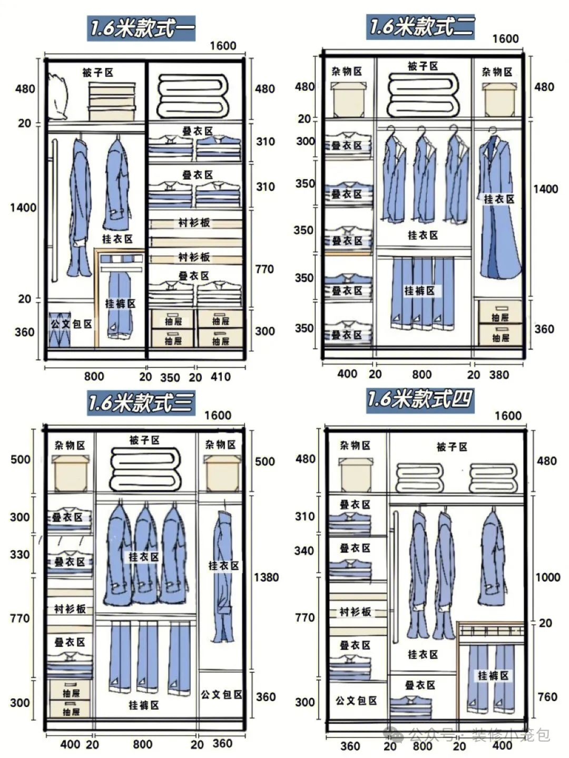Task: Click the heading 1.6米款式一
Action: point(142,28)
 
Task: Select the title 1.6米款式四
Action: point(420,400)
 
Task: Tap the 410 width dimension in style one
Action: point(221,377)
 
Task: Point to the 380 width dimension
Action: point(499,375)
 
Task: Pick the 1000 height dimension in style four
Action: point(547,577)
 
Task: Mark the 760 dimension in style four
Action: point(547,697)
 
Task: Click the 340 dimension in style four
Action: point(304,551)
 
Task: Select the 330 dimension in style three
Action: point(20,555)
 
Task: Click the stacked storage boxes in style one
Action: point(112,101)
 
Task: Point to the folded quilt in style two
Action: point(423,95)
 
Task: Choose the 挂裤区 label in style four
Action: point(493,676)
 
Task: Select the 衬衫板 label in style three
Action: point(70,609)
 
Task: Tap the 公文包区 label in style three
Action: point(221,695)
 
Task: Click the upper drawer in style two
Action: point(501,312)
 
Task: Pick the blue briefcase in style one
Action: point(60,330)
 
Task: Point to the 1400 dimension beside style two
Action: point(546,189)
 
